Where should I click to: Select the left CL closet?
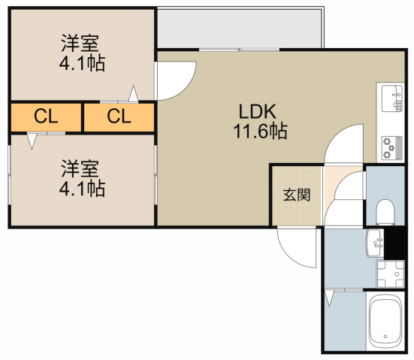46,116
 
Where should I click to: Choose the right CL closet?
119,116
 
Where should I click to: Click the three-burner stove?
391,147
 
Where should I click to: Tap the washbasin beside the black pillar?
374,242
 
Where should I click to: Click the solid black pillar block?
398,241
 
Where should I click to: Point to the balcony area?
240,29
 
